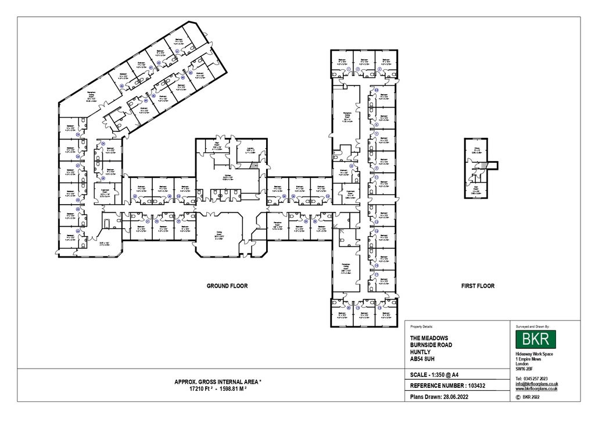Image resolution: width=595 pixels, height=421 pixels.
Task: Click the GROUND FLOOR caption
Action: coord(227,286)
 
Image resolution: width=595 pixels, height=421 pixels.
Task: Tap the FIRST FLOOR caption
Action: coord(478,286)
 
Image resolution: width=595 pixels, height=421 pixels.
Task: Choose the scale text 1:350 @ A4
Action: coord(446,374)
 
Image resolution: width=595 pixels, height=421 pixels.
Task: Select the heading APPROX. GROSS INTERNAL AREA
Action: coord(218,381)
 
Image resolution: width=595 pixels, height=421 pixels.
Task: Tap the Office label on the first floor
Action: coord(476,150)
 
